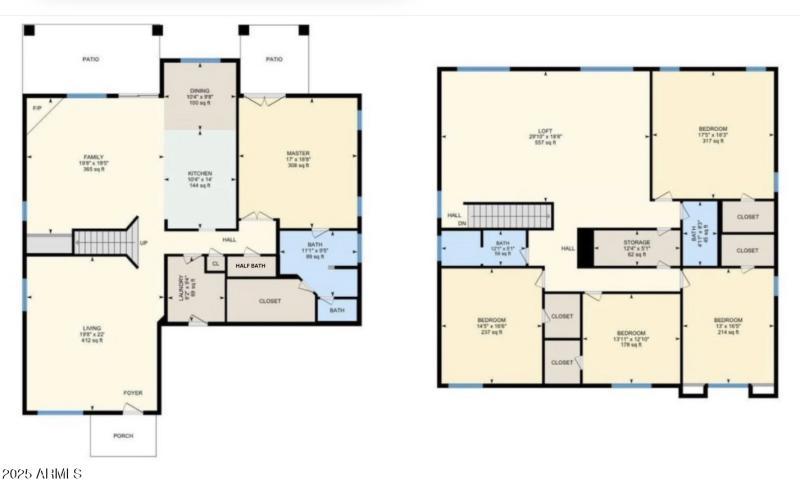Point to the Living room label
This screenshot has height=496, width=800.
coord(93,332)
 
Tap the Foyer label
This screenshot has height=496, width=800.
coord(133,393)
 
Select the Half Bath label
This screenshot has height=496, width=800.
coord(251,266)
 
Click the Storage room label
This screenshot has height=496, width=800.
coord(637,243)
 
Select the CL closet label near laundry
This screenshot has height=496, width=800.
coord(215,264)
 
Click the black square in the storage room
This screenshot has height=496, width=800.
coord(587,248)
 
